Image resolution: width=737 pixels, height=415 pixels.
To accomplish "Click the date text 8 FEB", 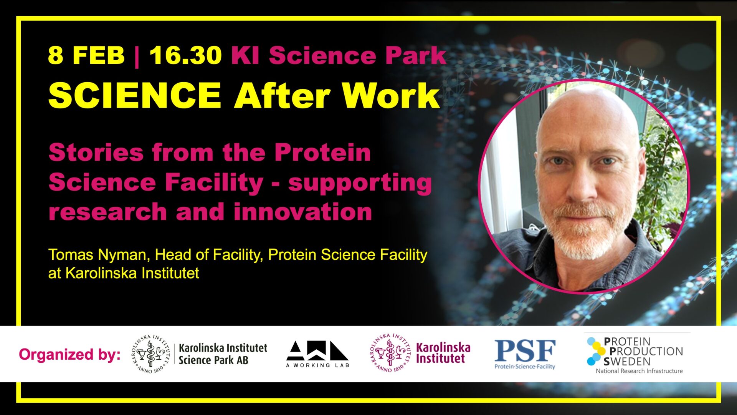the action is [x=86, y=55].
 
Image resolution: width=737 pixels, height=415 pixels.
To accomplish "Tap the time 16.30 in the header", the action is [x=185, y=55].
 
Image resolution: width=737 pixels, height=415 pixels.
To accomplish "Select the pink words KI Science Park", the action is [x=339, y=55].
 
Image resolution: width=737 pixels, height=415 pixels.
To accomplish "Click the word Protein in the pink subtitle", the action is [x=322, y=153].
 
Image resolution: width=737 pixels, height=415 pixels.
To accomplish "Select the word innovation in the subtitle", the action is [x=303, y=212].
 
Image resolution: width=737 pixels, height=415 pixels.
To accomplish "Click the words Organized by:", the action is [x=70, y=354].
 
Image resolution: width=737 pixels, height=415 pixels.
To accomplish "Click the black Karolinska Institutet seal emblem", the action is [x=150, y=354].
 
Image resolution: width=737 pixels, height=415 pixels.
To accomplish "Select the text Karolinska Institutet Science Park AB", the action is [x=223, y=354].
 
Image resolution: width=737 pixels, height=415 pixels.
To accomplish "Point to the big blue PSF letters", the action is [x=525, y=350].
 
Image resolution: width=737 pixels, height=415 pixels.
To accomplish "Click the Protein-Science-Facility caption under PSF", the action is [x=525, y=367].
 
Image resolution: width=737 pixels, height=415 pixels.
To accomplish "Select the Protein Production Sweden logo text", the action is [x=643, y=351].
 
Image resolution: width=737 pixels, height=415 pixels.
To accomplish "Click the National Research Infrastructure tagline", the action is [x=639, y=371].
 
